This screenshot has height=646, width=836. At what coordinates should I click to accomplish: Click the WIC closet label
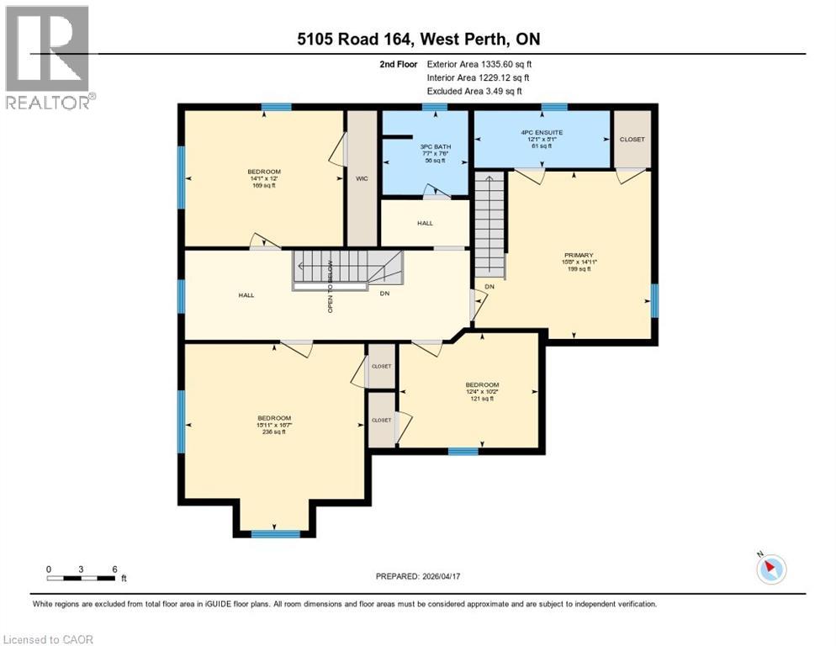click(x=362, y=178)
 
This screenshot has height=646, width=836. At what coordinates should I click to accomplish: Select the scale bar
click(x=82, y=577)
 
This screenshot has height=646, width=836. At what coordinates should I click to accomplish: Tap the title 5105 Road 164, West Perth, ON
click(x=418, y=39)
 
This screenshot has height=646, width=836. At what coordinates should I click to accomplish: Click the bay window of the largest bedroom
click(x=275, y=533)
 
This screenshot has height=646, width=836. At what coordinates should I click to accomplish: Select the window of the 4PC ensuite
click(x=553, y=107)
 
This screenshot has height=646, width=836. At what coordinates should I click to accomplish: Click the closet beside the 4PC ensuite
click(x=632, y=139)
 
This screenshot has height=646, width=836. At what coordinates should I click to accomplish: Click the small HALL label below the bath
click(x=425, y=223)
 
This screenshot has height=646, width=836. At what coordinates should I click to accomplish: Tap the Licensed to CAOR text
click(x=48, y=639)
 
